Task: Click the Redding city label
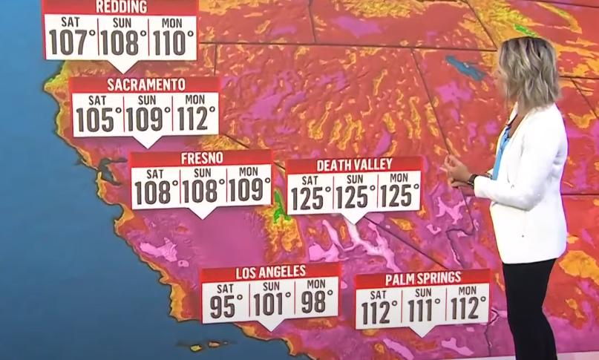click(x=122, y=7)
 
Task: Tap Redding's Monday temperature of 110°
click(x=172, y=43)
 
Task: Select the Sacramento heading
click(x=146, y=85)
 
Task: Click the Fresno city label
click(x=200, y=159)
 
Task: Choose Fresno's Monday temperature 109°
click(x=249, y=192)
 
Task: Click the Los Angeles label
click(x=270, y=272)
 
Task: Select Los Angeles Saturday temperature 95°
click(x=225, y=305)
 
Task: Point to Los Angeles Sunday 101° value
click(x=272, y=305)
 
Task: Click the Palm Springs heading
click(x=422, y=279)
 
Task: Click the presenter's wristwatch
click(x=473, y=180)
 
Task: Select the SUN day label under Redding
click(x=122, y=22)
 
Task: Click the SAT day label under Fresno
click(x=154, y=174)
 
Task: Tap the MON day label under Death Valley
click(x=399, y=178)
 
